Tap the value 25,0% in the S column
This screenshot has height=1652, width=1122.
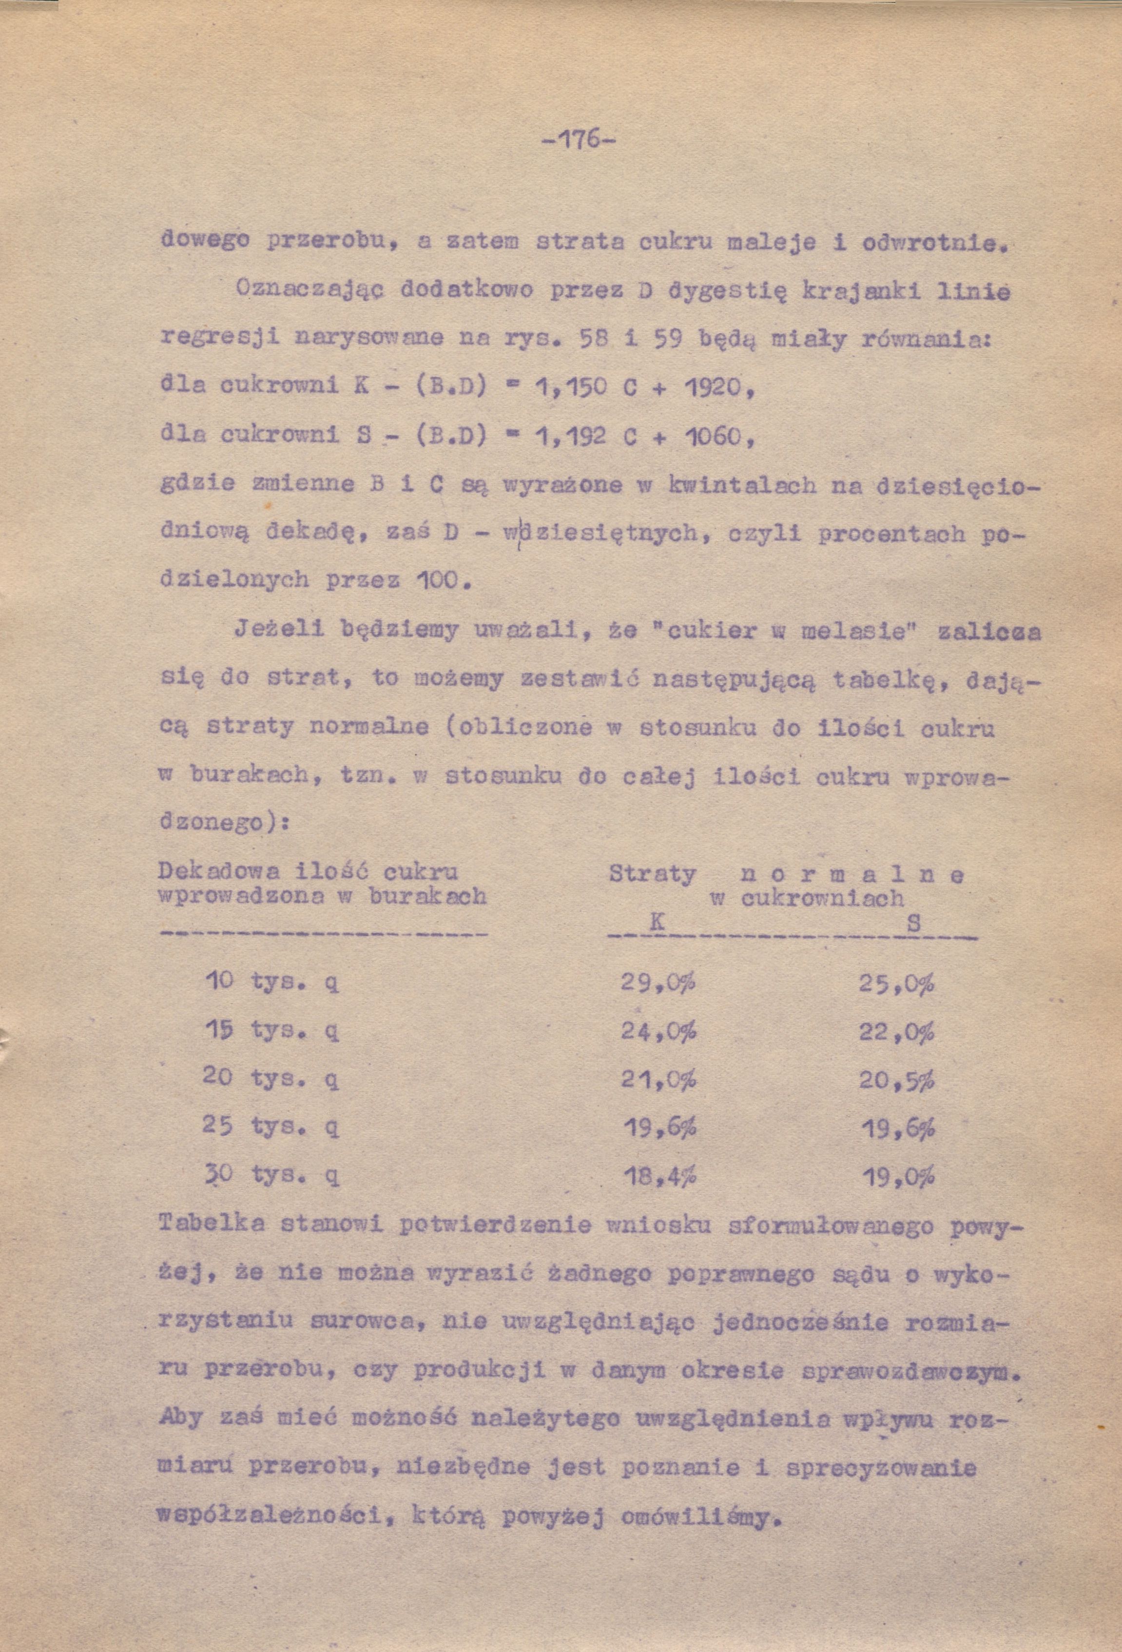pos(896,984)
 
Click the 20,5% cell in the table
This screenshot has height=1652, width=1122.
pos(896,1080)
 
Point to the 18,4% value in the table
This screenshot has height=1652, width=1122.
pos(659,1176)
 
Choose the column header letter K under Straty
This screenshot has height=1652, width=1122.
pos(657,922)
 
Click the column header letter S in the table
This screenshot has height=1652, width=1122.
pos(914,923)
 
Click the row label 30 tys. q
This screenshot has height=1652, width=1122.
pos(271,1176)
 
